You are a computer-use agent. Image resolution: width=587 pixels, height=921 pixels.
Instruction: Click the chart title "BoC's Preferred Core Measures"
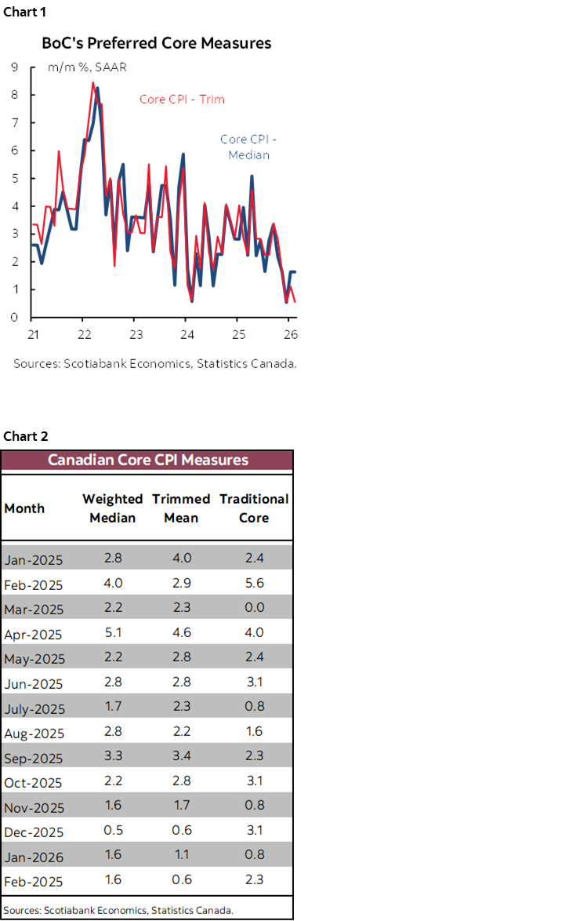pyautogui.click(x=156, y=43)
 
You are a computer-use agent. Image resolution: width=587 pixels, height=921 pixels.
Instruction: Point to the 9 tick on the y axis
pyautogui.click(x=14, y=67)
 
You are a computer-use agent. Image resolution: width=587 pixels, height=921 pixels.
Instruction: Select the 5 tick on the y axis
pyautogui.click(x=14, y=178)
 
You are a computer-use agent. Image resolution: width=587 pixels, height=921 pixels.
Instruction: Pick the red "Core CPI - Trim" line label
pyautogui.click(x=182, y=100)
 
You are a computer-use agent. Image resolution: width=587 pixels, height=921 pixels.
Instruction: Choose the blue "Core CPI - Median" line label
pyautogui.click(x=248, y=147)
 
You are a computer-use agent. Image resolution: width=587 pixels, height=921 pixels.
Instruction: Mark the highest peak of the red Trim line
pyautogui.click(x=93, y=82)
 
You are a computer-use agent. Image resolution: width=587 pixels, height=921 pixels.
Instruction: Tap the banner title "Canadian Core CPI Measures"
pyautogui.click(x=147, y=460)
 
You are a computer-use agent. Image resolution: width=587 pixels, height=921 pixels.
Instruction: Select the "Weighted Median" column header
pyautogui.click(x=112, y=508)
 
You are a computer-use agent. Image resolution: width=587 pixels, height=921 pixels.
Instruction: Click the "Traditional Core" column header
pyautogui.click(x=254, y=508)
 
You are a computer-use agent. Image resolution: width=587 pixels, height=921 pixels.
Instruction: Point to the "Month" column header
pyautogui.click(x=24, y=508)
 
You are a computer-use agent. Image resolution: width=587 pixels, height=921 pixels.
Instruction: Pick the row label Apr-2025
pyautogui.click(x=34, y=634)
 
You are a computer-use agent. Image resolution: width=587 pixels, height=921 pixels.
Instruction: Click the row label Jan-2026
pyautogui.click(x=34, y=857)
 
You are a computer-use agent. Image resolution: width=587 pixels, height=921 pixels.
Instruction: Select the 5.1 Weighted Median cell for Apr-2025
pyautogui.click(x=112, y=632)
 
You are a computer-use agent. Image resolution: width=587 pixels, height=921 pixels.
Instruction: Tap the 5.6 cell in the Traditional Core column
pyautogui.click(x=254, y=583)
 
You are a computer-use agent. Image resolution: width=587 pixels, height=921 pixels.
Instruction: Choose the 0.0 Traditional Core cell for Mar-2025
pyautogui.click(x=254, y=608)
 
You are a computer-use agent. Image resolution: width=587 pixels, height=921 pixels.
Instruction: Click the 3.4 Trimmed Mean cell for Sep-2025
pyautogui.click(x=180, y=757)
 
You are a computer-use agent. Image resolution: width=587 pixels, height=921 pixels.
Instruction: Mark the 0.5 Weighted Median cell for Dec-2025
pyautogui.click(x=112, y=831)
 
